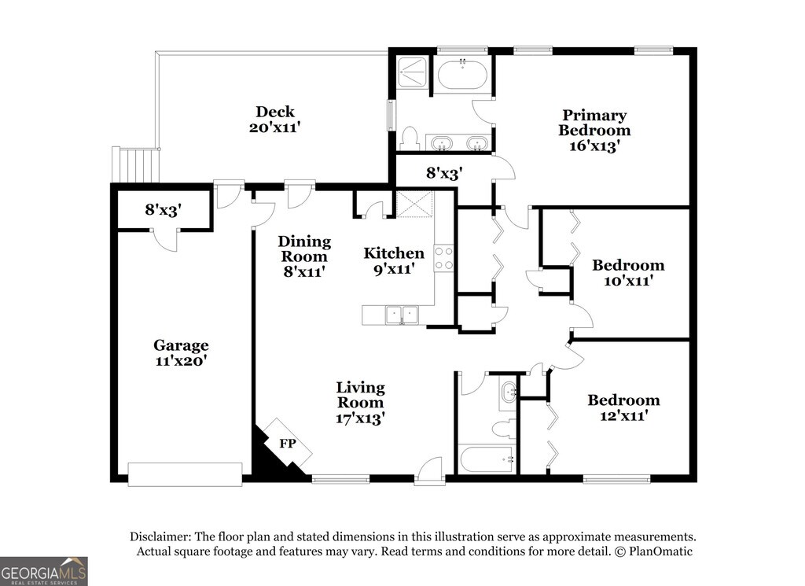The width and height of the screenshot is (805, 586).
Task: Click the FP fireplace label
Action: point(288,443)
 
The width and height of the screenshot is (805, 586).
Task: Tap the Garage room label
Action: point(181,345)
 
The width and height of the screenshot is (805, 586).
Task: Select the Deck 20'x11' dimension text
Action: point(274,127)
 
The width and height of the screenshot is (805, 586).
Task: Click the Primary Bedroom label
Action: point(594,122)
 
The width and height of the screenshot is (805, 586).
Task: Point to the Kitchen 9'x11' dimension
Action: point(395,268)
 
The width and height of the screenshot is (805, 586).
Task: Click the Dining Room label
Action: point(304,249)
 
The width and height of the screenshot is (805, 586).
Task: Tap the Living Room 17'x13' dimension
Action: point(360,418)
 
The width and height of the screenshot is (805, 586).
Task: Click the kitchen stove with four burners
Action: point(443,258)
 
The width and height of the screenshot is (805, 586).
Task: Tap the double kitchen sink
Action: point(402,315)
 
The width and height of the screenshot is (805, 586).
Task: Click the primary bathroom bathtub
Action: point(462,75)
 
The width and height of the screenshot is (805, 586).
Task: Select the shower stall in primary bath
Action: point(413,72)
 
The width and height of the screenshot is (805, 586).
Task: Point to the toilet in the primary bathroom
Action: point(410,138)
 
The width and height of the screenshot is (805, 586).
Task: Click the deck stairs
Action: point(135,165)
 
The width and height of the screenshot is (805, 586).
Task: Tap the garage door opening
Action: point(185,474)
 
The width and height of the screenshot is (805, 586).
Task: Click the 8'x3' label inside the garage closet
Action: point(164,209)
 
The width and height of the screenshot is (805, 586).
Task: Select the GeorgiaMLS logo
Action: point(44,571)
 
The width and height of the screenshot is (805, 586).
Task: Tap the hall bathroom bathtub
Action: point(486,459)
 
